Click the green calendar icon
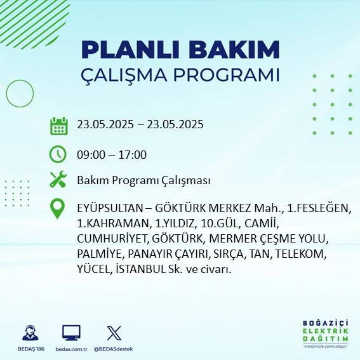58,126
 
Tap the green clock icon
58,154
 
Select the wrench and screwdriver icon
58,180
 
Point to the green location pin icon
58,209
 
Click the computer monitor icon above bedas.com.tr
71,333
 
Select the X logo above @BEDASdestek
114,333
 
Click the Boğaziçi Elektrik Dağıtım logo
326,335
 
